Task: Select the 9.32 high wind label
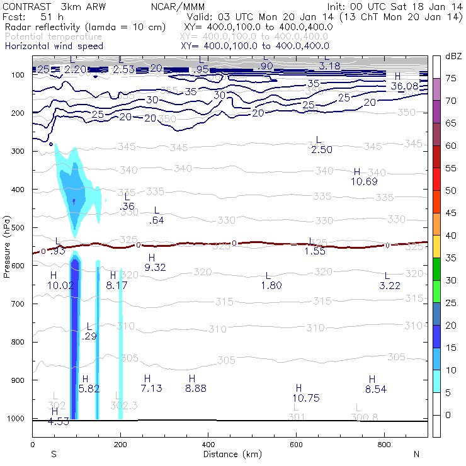pos(155,268)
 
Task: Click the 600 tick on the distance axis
pos(296,445)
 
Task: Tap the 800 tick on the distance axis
pos(384,445)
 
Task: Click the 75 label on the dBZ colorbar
pos(451,78)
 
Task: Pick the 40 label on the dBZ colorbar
pos(451,236)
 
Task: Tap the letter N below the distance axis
pos(416,454)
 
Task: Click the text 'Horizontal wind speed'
pos(53,46)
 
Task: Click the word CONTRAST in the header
pos(25,6)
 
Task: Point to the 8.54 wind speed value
pos(376,389)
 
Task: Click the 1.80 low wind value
pos(271,286)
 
